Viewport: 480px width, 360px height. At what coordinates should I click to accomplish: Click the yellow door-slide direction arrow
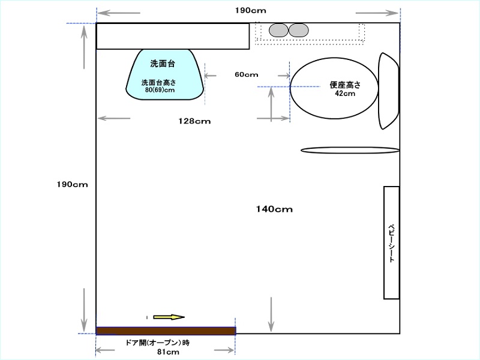point(169,317)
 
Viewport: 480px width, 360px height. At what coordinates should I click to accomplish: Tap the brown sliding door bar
point(166,331)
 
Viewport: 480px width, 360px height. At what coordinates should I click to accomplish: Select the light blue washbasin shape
point(164,74)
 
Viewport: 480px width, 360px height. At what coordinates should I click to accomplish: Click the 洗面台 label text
point(163,64)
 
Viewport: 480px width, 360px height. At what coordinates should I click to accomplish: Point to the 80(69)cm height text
point(160,90)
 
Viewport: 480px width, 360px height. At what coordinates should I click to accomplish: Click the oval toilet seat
point(334,88)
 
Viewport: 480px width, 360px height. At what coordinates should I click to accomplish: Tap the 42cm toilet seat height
point(345,94)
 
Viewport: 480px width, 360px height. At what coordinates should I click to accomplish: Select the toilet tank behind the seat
point(389,91)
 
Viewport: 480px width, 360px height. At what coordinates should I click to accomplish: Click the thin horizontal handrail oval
point(350,150)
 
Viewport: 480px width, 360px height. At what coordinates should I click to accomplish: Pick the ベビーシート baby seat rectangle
point(392,242)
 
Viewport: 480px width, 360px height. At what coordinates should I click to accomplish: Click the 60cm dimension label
point(247,74)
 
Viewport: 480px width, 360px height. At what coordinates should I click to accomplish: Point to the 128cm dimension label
point(194,121)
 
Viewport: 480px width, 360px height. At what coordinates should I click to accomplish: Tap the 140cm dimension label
point(274,209)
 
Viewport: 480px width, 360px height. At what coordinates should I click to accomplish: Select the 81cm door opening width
point(168,352)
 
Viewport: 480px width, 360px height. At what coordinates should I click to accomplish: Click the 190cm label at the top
point(251,10)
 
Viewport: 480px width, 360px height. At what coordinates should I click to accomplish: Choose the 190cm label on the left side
point(72,184)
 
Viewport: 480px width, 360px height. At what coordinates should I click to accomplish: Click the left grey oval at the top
point(278,31)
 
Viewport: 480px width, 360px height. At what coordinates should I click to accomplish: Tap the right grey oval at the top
point(298,31)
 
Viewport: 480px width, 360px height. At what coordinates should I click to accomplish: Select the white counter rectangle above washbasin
point(173,36)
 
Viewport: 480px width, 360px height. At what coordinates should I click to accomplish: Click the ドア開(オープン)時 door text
point(158,343)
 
